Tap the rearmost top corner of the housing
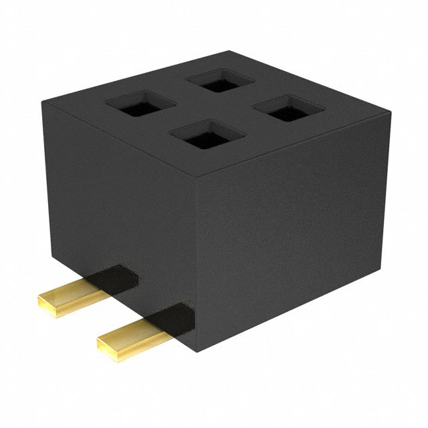(229, 51)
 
